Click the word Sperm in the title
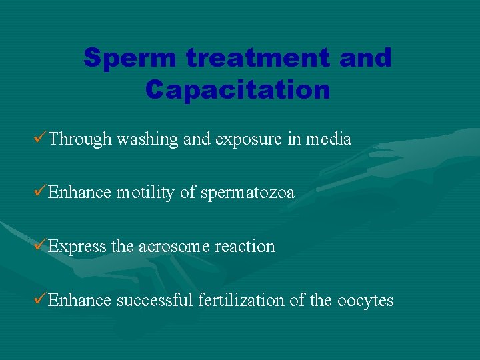coord(130,59)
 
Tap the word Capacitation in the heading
coord(238,89)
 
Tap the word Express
coord(77,247)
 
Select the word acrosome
coord(174,247)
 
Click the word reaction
coord(245,247)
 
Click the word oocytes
coord(365,301)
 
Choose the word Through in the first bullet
coord(80,139)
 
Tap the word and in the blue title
coord(365,59)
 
